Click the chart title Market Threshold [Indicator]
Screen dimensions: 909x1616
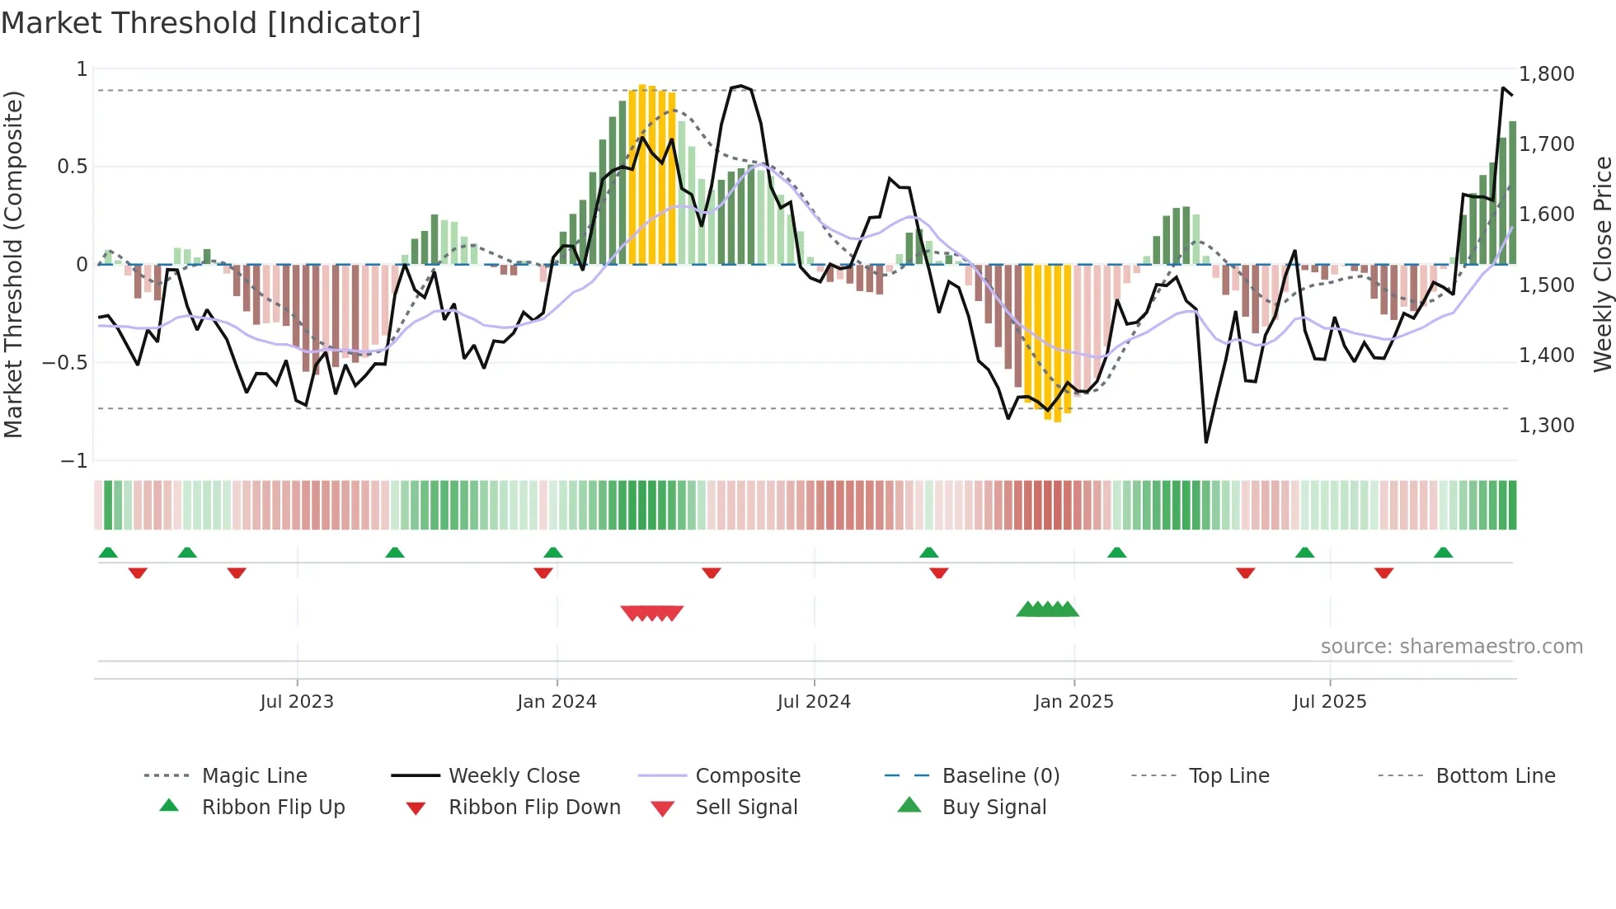tap(211, 23)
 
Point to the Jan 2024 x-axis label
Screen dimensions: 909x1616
tap(557, 701)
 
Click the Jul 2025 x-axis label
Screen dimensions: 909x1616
tap(1329, 701)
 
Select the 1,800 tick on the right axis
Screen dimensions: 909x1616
tap(1547, 73)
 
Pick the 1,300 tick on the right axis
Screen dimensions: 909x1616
tap(1547, 425)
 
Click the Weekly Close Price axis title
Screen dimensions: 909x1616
tap(1602, 264)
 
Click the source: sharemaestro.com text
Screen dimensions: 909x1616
tap(1451, 646)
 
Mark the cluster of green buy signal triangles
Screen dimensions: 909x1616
tap(1047, 610)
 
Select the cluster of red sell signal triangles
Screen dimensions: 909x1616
tap(651, 613)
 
